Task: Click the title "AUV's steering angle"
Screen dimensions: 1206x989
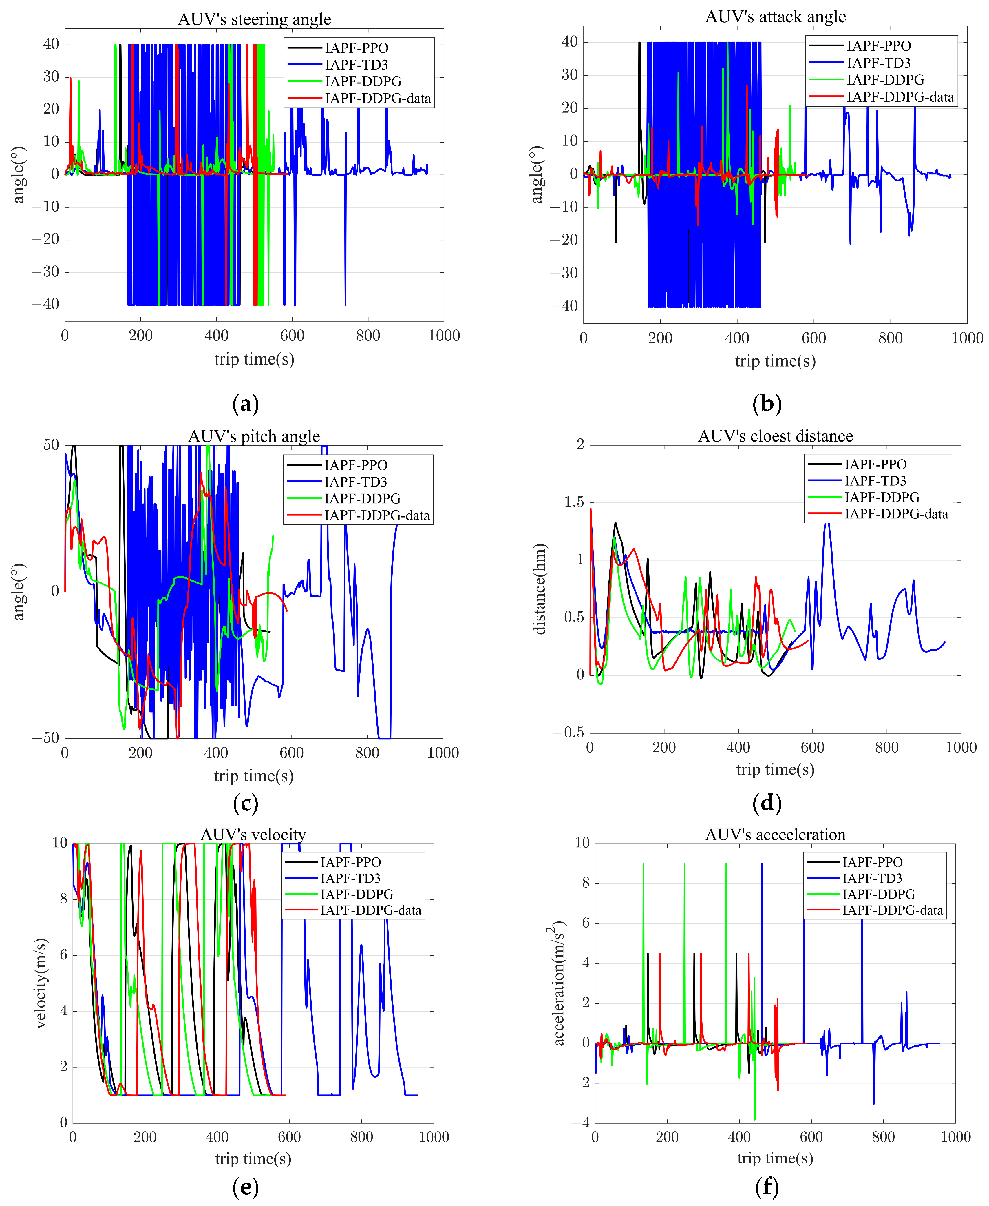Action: click(x=254, y=19)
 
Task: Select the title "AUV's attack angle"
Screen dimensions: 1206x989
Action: click(x=775, y=17)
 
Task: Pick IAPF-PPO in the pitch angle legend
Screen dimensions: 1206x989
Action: click(x=356, y=465)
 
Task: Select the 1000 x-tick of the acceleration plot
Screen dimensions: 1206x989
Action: click(x=955, y=1137)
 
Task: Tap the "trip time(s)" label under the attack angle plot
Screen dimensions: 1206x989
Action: click(x=775, y=361)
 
